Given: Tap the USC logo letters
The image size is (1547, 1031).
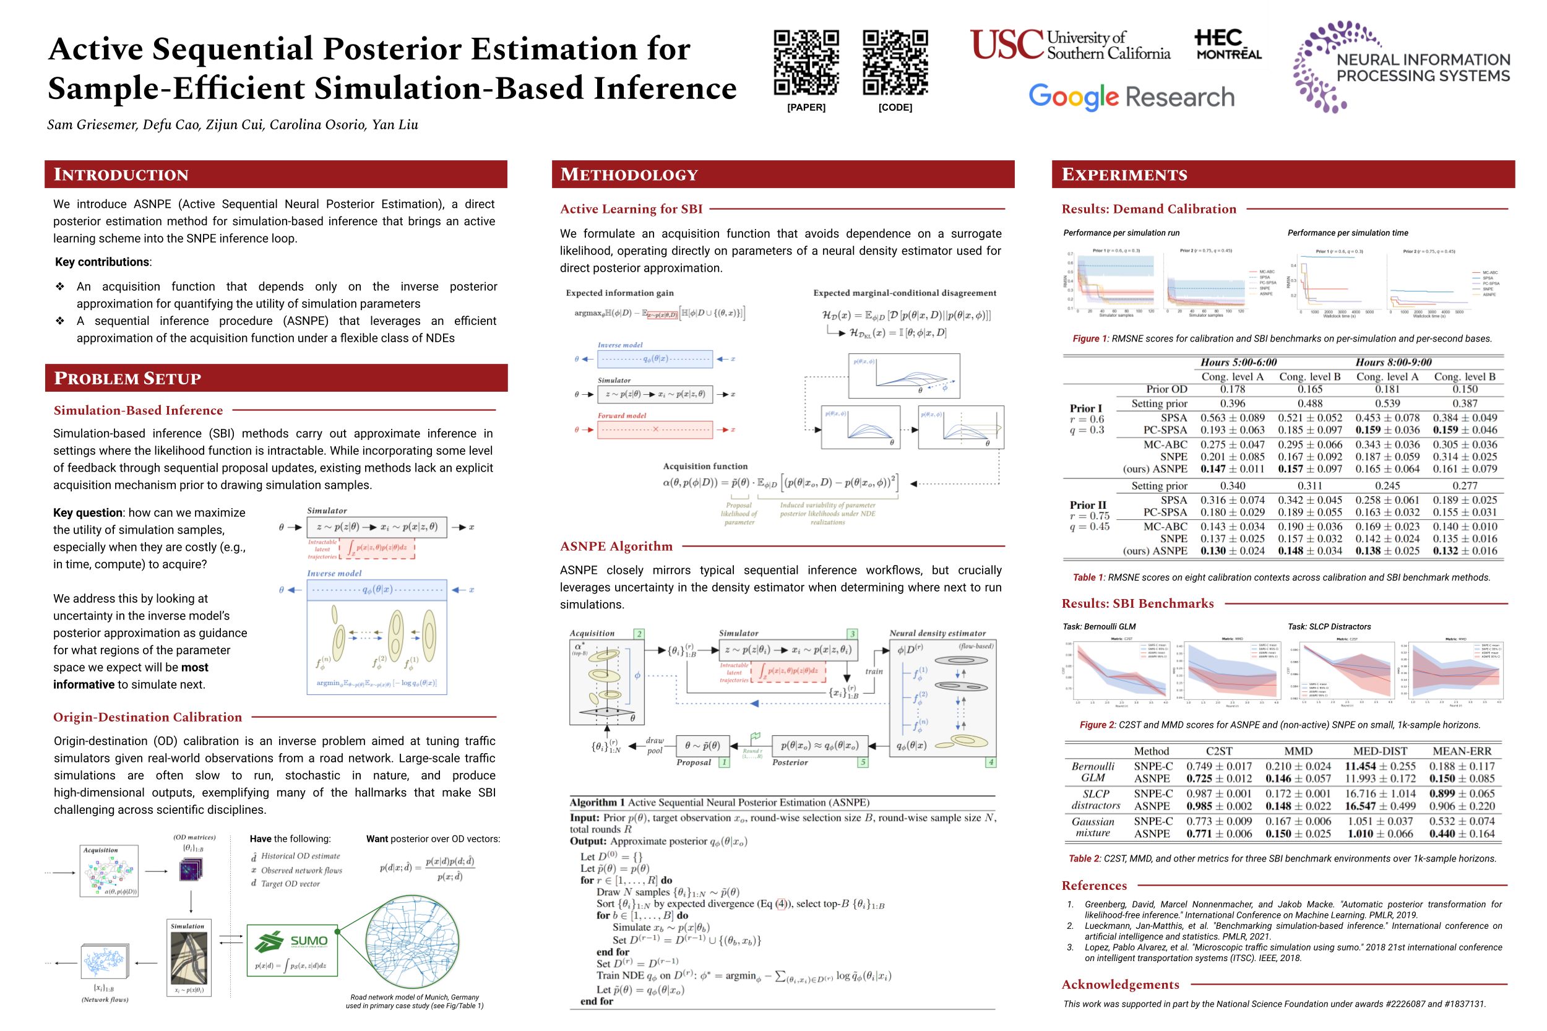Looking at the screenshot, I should click(x=1007, y=45).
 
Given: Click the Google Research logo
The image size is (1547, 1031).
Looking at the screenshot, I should click(x=1131, y=97).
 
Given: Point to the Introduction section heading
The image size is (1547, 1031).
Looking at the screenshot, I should click(x=122, y=175).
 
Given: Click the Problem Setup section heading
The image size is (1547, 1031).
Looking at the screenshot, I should click(x=127, y=378).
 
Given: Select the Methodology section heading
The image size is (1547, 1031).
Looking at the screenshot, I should click(x=629, y=175).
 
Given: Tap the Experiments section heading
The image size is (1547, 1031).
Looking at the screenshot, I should click(x=1124, y=175).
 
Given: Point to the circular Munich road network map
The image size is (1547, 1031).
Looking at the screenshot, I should click(x=412, y=942).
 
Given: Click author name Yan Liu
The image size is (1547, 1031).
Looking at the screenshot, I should click(x=395, y=124).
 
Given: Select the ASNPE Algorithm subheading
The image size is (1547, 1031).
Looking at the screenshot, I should click(x=616, y=546).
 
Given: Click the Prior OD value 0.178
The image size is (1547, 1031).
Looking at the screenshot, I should click(x=1232, y=389).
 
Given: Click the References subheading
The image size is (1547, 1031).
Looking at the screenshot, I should click(x=1094, y=886).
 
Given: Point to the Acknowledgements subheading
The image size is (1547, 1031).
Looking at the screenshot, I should click(x=1120, y=985).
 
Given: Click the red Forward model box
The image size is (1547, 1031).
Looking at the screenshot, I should click(x=654, y=429).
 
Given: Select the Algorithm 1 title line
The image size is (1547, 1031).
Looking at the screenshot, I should click(x=719, y=802).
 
